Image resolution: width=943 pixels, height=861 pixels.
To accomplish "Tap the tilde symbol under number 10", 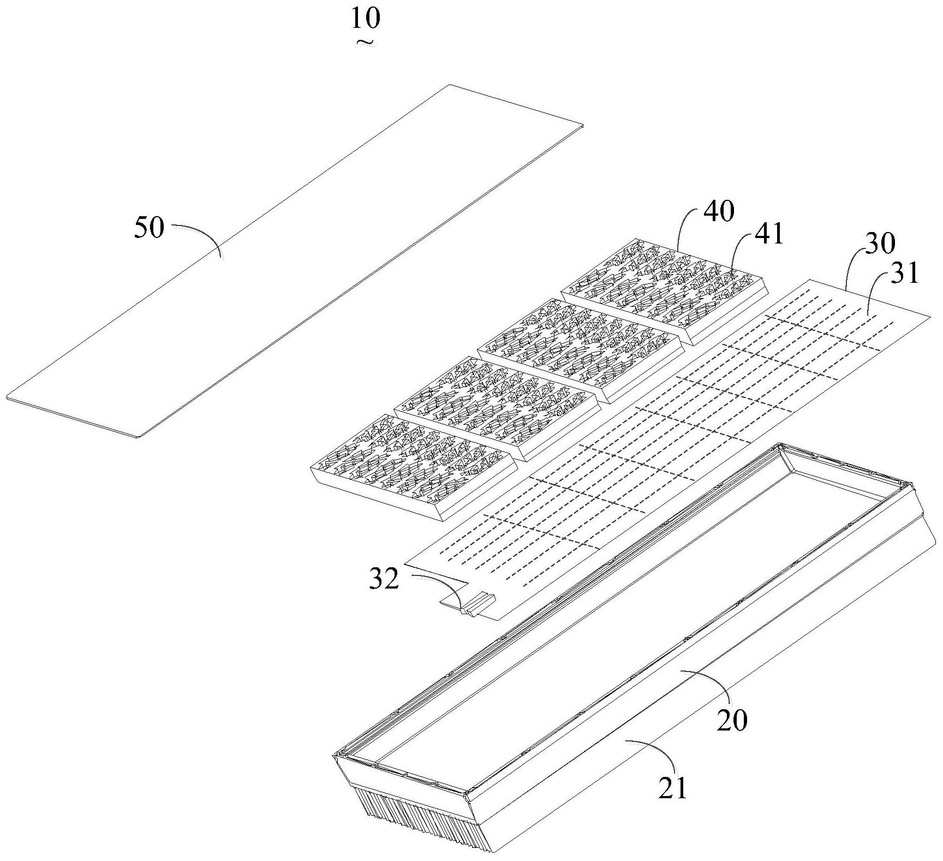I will (365, 41).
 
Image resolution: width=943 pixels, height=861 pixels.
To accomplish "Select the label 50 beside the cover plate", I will (149, 228).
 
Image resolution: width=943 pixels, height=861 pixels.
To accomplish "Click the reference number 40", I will (719, 211).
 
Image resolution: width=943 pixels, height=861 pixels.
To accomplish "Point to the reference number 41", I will (769, 234).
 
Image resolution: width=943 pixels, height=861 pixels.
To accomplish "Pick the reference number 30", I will (880, 244).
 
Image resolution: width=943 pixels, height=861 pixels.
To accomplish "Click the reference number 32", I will (384, 580).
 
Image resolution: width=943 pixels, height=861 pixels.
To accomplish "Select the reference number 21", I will (672, 788).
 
